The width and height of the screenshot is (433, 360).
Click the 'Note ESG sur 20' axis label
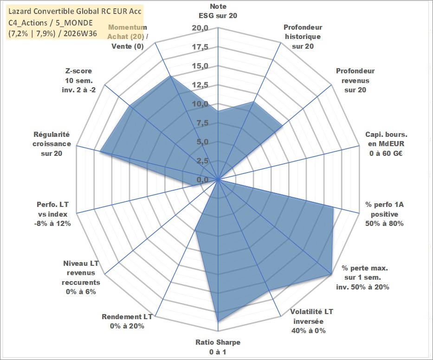(x=218, y=11)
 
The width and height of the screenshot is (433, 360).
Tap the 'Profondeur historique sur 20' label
(x=303, y=37)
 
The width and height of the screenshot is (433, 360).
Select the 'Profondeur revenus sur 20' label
(x=355, y=80)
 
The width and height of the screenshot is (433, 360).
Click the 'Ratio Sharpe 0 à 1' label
(x=218, y=347)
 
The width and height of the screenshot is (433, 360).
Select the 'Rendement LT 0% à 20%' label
(x=127, y=321)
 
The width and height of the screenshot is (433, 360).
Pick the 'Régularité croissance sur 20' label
(x=52, y=144)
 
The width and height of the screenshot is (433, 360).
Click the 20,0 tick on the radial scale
(x=200, y=28)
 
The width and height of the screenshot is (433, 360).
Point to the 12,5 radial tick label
(x=200, y=85)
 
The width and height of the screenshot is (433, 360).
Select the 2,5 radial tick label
(x=202, y=161)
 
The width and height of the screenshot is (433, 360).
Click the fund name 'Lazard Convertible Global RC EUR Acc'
(x=75, y=11)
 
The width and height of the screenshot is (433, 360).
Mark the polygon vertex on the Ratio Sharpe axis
(x=218, y=321)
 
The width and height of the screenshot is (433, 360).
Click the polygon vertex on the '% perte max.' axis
(x=331, y=274)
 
